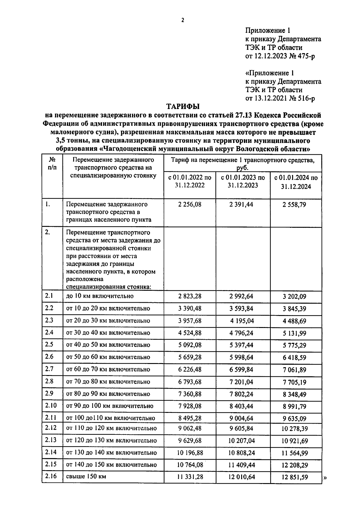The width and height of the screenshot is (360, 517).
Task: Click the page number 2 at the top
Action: tap(182, 20)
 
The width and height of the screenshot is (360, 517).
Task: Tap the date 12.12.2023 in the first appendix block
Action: tap(270, 56)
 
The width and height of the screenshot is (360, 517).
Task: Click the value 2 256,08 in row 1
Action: tap(190, 205)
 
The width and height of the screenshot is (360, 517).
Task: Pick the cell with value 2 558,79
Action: tap(296, 205)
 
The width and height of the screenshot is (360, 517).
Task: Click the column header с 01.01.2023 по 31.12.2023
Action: tap(243, 182)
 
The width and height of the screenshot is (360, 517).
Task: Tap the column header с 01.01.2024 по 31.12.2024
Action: tap(296, 182)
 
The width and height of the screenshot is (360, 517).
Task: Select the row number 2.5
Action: tap(49, 344)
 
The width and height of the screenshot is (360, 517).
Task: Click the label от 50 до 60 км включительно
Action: tap(108, 357)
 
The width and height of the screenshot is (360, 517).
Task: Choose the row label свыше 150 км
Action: tap(86, 476)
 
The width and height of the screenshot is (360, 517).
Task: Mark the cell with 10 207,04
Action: tap(241, 441)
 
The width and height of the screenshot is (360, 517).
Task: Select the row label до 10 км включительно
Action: tap(100, 296)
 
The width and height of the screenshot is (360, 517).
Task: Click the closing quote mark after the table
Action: tap(325, 479)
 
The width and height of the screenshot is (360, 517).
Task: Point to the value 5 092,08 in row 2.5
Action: tap(190, 345)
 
